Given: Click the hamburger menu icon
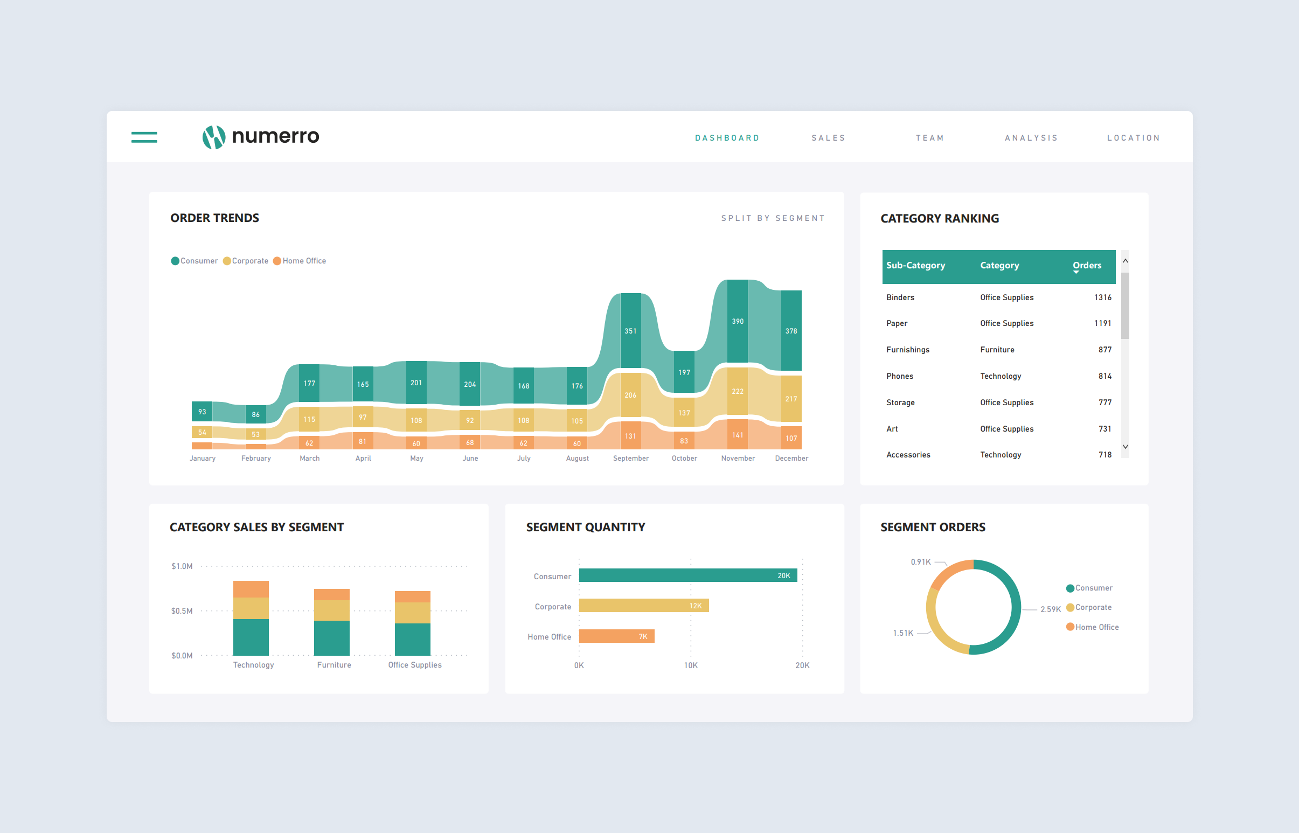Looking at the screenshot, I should pos(144,137).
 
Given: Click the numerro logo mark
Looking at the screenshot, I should pos(213,137).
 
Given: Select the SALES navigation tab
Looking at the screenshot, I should pos(828,138).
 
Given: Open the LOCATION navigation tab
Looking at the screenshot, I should pos(1133,138).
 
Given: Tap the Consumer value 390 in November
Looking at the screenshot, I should pos(737,321).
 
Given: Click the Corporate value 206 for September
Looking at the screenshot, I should pos(630,395).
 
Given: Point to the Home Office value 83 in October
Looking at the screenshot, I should pos(684,441).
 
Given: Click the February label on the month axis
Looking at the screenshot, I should pos(256,458).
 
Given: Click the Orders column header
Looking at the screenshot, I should pos(1087,266).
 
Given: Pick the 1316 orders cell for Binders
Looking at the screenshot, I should pos(1102,297).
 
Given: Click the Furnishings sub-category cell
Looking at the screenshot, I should pos(907,350).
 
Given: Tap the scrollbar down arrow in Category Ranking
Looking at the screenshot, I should pos(1125,447).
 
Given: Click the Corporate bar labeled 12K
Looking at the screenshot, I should pos(643,606).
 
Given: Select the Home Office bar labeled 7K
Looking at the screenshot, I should pos(616,636).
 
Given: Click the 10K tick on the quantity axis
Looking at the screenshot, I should pos(690,665).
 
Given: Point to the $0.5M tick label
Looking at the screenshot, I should pos(182,611).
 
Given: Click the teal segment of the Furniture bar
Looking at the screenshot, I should pos(331,638).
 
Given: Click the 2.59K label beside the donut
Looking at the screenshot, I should pos(1050,609).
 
